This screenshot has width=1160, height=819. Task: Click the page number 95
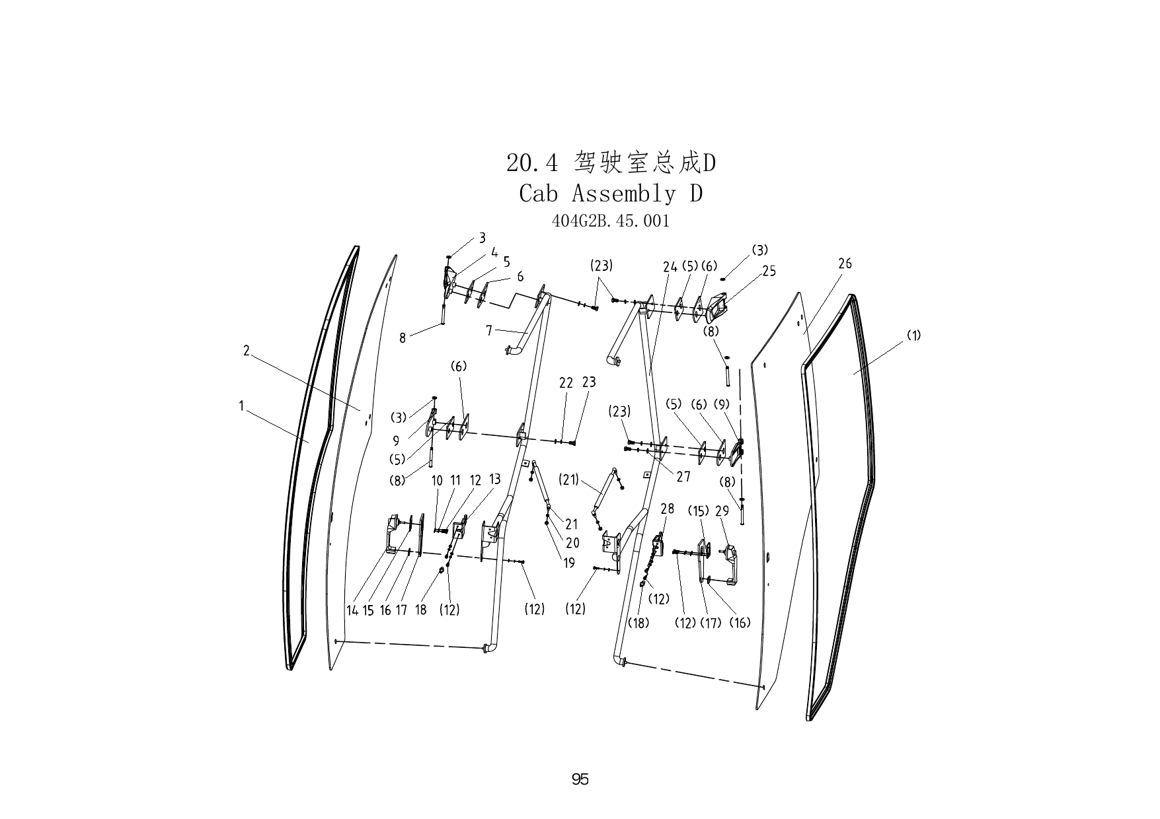pyautogui.click(x=580, y=779)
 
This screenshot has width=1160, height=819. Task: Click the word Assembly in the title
pyautogui.click(x=624, y=194)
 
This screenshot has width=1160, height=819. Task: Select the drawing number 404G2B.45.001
pyautogui.click(x=611, y=221)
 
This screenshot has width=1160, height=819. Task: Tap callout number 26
pyautogui.click(x=845, y=264)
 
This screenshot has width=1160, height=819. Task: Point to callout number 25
pyautogui.click(x=769, y=271)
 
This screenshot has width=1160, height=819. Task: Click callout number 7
pyautogui.click(x=489, y=330)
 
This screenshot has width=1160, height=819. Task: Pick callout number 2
pyautogui.click(x=247, y=351)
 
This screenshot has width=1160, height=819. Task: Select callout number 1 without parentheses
pyautogui.click(x=242, y=406)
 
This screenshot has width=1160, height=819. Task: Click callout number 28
pyautogui.click(x=668, y=509)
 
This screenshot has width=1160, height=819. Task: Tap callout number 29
pyautogui.click(x=722, y=511)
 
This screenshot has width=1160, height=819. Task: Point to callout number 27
pyautogui.click(x=683, y=476)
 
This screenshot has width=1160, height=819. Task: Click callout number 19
pyautogui.click(x=569, y=563)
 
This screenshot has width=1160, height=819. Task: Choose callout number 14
pyautogui.click(x=352, y=610)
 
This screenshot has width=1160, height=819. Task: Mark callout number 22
pyautogui.click(x=566, y=383)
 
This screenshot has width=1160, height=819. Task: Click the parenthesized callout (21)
pyautogui.click(x=569, y=480)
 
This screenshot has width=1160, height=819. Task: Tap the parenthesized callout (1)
pyautogui.click(x=913, y=335)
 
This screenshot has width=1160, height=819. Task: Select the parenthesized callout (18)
pyautogui.click(x=639, y=622)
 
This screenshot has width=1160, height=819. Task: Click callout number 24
pyautogui.click(x=670, y=267)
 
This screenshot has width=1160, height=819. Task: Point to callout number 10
pyautogui.click(x=437, y=481)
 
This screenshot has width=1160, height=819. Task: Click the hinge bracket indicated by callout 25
pyautogui.click(x=717, y=306)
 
